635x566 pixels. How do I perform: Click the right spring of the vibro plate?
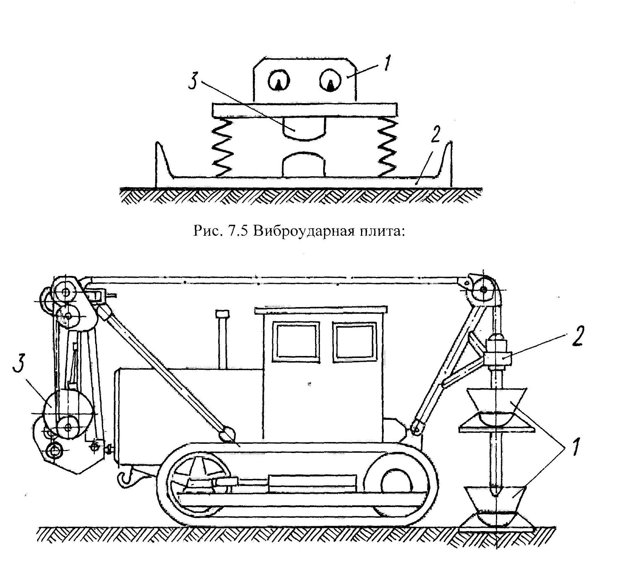point(388,148)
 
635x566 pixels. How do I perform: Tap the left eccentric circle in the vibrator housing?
point(279,81)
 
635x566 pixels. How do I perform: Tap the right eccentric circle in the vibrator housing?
point(330,80)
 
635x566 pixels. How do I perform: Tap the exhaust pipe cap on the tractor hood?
point(222,314)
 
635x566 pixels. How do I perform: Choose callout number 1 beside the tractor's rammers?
point(575,448)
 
